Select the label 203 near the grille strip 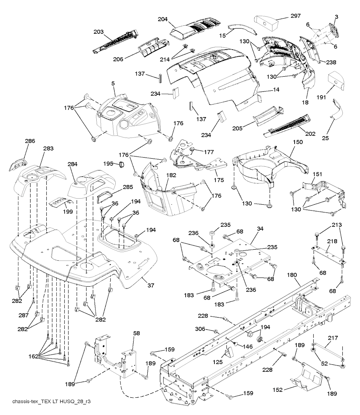pos(98,32)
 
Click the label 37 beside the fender pos(150,285)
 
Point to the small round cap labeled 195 pos(121,164)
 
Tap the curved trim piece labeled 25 pos(337,110)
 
